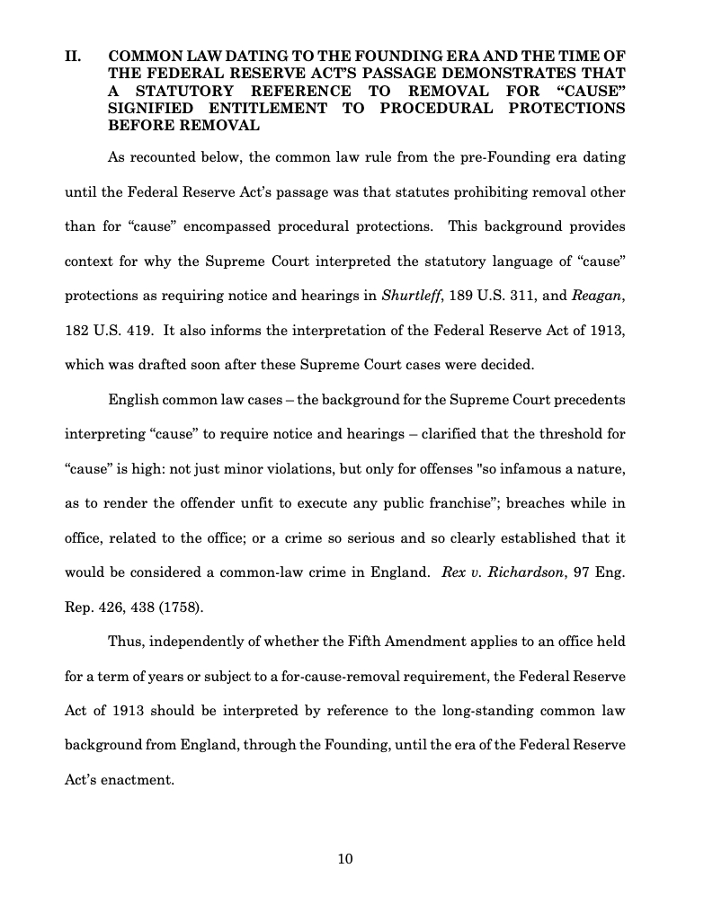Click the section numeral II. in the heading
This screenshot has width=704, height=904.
[74, 57]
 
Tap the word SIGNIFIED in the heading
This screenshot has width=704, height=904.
[154, 108]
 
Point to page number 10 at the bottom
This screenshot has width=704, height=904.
[345, 858]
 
